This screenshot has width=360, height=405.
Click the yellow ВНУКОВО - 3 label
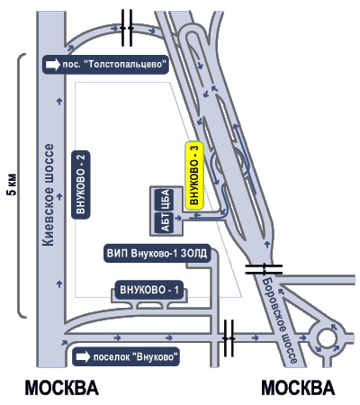[x=194, y=175]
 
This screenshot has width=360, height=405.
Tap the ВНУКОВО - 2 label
[x=81, y=184]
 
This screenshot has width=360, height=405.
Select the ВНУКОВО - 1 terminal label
[x=149, y=290]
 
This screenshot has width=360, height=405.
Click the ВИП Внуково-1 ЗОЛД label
[x=157, y=254]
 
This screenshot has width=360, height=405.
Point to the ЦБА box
[x=166, y=200]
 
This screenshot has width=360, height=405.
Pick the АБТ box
[x=166, y=222]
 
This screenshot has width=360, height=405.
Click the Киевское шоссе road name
[x=49, y=195]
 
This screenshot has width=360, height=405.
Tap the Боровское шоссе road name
[x=280, y=321]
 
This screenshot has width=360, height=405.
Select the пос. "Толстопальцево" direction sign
[x=105, y=64]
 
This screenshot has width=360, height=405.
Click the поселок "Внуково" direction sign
[x=126, y=356]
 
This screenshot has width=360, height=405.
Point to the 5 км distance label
[x=13, y=184]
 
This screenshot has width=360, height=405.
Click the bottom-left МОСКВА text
[x=62, y=388]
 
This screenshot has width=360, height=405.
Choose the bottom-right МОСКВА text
[x=298, y=388]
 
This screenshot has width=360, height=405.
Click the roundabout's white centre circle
[x=327, y=339]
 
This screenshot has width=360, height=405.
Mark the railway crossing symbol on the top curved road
[x=127, y=28]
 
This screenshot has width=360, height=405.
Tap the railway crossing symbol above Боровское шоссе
[x=264, y=269]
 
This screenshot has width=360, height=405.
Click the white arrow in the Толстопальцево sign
[x=53, y=65]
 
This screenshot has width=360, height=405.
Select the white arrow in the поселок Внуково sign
[x=83, y=356]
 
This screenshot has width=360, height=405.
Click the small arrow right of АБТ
[x=178, y=219]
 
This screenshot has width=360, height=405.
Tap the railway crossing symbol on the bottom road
[x=229, y=338]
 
